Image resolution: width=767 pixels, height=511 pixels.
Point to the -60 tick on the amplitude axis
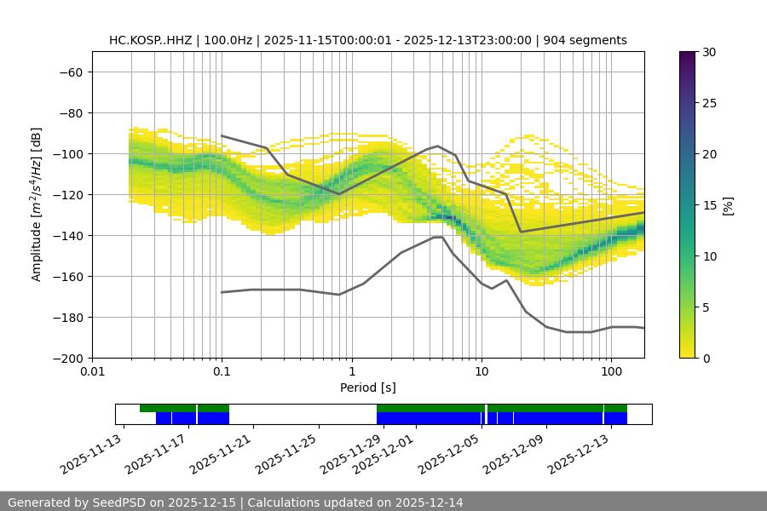click(70, 72)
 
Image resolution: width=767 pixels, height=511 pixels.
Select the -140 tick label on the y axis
click(66, 235)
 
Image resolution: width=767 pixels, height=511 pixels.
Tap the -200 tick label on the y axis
click(66, 358)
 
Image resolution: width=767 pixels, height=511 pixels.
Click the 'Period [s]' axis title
click(367, 388)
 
